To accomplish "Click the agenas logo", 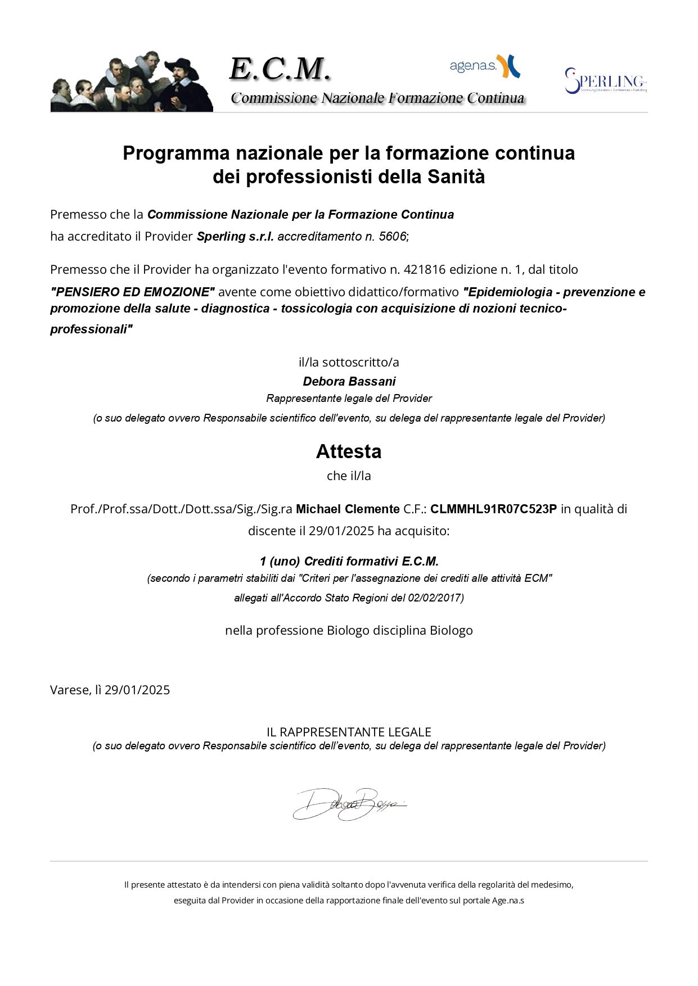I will coord(484,66).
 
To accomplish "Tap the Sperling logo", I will coord(606,81).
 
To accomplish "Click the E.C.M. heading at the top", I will coord(280,70).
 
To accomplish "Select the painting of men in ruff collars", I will coord(132,82).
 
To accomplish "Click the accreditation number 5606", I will coord(392,237).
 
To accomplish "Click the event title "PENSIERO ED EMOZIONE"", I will coord(133,292).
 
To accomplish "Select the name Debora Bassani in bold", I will coord(349,382).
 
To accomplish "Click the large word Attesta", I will coord(349,451).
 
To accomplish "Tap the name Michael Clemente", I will coord(348,509).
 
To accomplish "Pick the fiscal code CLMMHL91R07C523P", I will coord(493,509).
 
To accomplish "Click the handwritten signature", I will coord(349,804).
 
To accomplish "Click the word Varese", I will coord(70,690).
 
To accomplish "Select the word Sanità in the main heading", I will coord(456,177).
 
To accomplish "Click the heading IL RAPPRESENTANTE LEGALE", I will coord(349,732).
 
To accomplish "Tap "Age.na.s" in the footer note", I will coord(508,901).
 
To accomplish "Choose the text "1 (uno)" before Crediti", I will coord(280,562).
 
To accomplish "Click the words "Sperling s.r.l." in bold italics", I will coord(235,237).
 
